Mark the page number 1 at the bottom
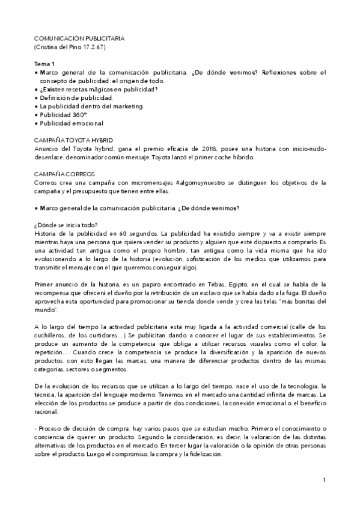tap(324, 480)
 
